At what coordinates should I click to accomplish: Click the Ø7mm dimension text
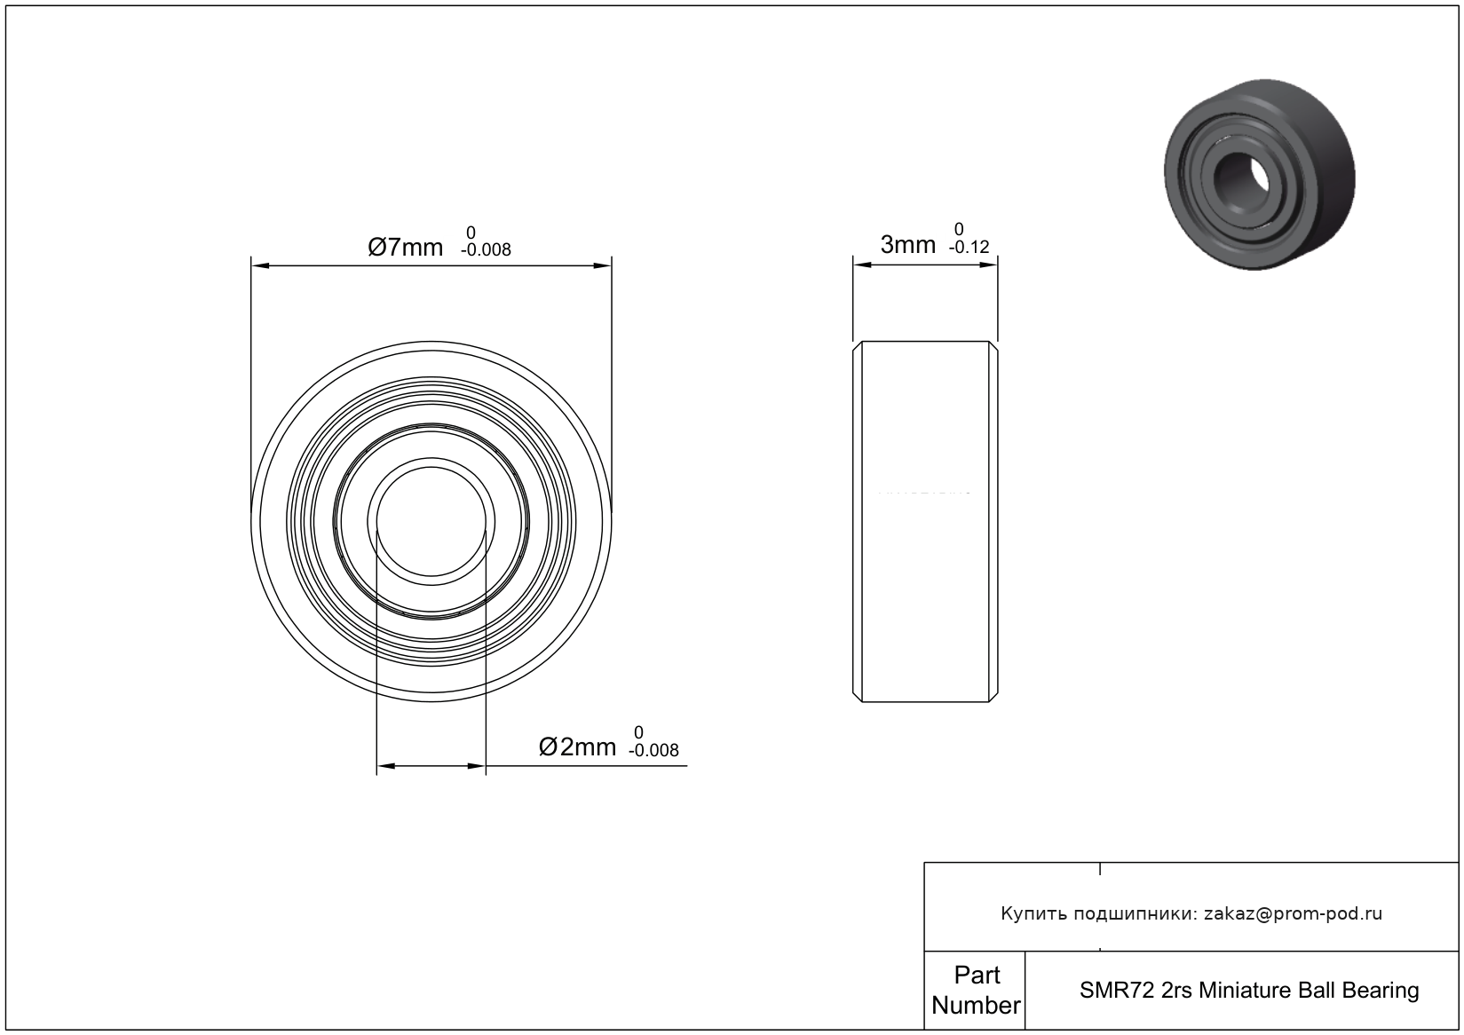405,247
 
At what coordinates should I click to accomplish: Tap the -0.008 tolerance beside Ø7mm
486,249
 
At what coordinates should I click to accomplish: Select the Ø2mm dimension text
577,747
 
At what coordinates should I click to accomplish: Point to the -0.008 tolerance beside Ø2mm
653,750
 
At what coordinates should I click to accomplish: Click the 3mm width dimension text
908,244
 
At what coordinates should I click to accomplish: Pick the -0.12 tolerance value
969,247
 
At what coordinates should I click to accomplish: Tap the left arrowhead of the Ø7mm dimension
260,265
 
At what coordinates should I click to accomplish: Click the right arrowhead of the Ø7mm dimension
602,265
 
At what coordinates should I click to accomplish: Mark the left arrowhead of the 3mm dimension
863,265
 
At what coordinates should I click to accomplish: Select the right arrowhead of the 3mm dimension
988,265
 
